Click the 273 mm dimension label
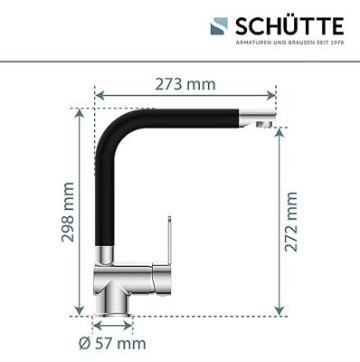[x=185, y=84]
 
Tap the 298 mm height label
[x=68, y=212]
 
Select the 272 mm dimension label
[x=291, y=222]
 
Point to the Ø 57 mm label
[x=112, y=343]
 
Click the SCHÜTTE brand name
[x=289, y=26]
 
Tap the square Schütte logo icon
[x=219, y=26]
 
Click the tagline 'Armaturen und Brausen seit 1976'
[x=289, y=43]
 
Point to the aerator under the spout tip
[x=263, y=124]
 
